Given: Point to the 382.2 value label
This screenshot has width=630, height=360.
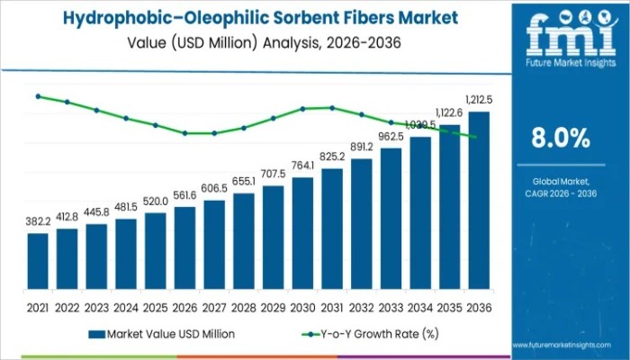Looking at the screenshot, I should (38, 221).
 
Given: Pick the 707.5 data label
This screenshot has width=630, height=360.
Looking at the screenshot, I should (273, 173).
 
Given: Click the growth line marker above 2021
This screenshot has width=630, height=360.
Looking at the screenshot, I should (38, 95).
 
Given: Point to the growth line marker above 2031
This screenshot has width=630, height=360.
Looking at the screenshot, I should (332, 108).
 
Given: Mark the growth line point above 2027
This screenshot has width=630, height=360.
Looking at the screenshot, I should (214, 133).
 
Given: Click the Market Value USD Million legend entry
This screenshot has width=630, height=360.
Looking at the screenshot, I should (162, 334).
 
